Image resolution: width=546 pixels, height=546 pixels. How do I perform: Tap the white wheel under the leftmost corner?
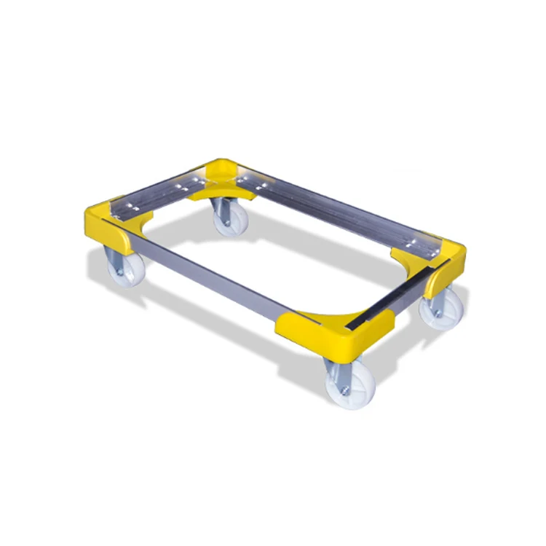point(126,270)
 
